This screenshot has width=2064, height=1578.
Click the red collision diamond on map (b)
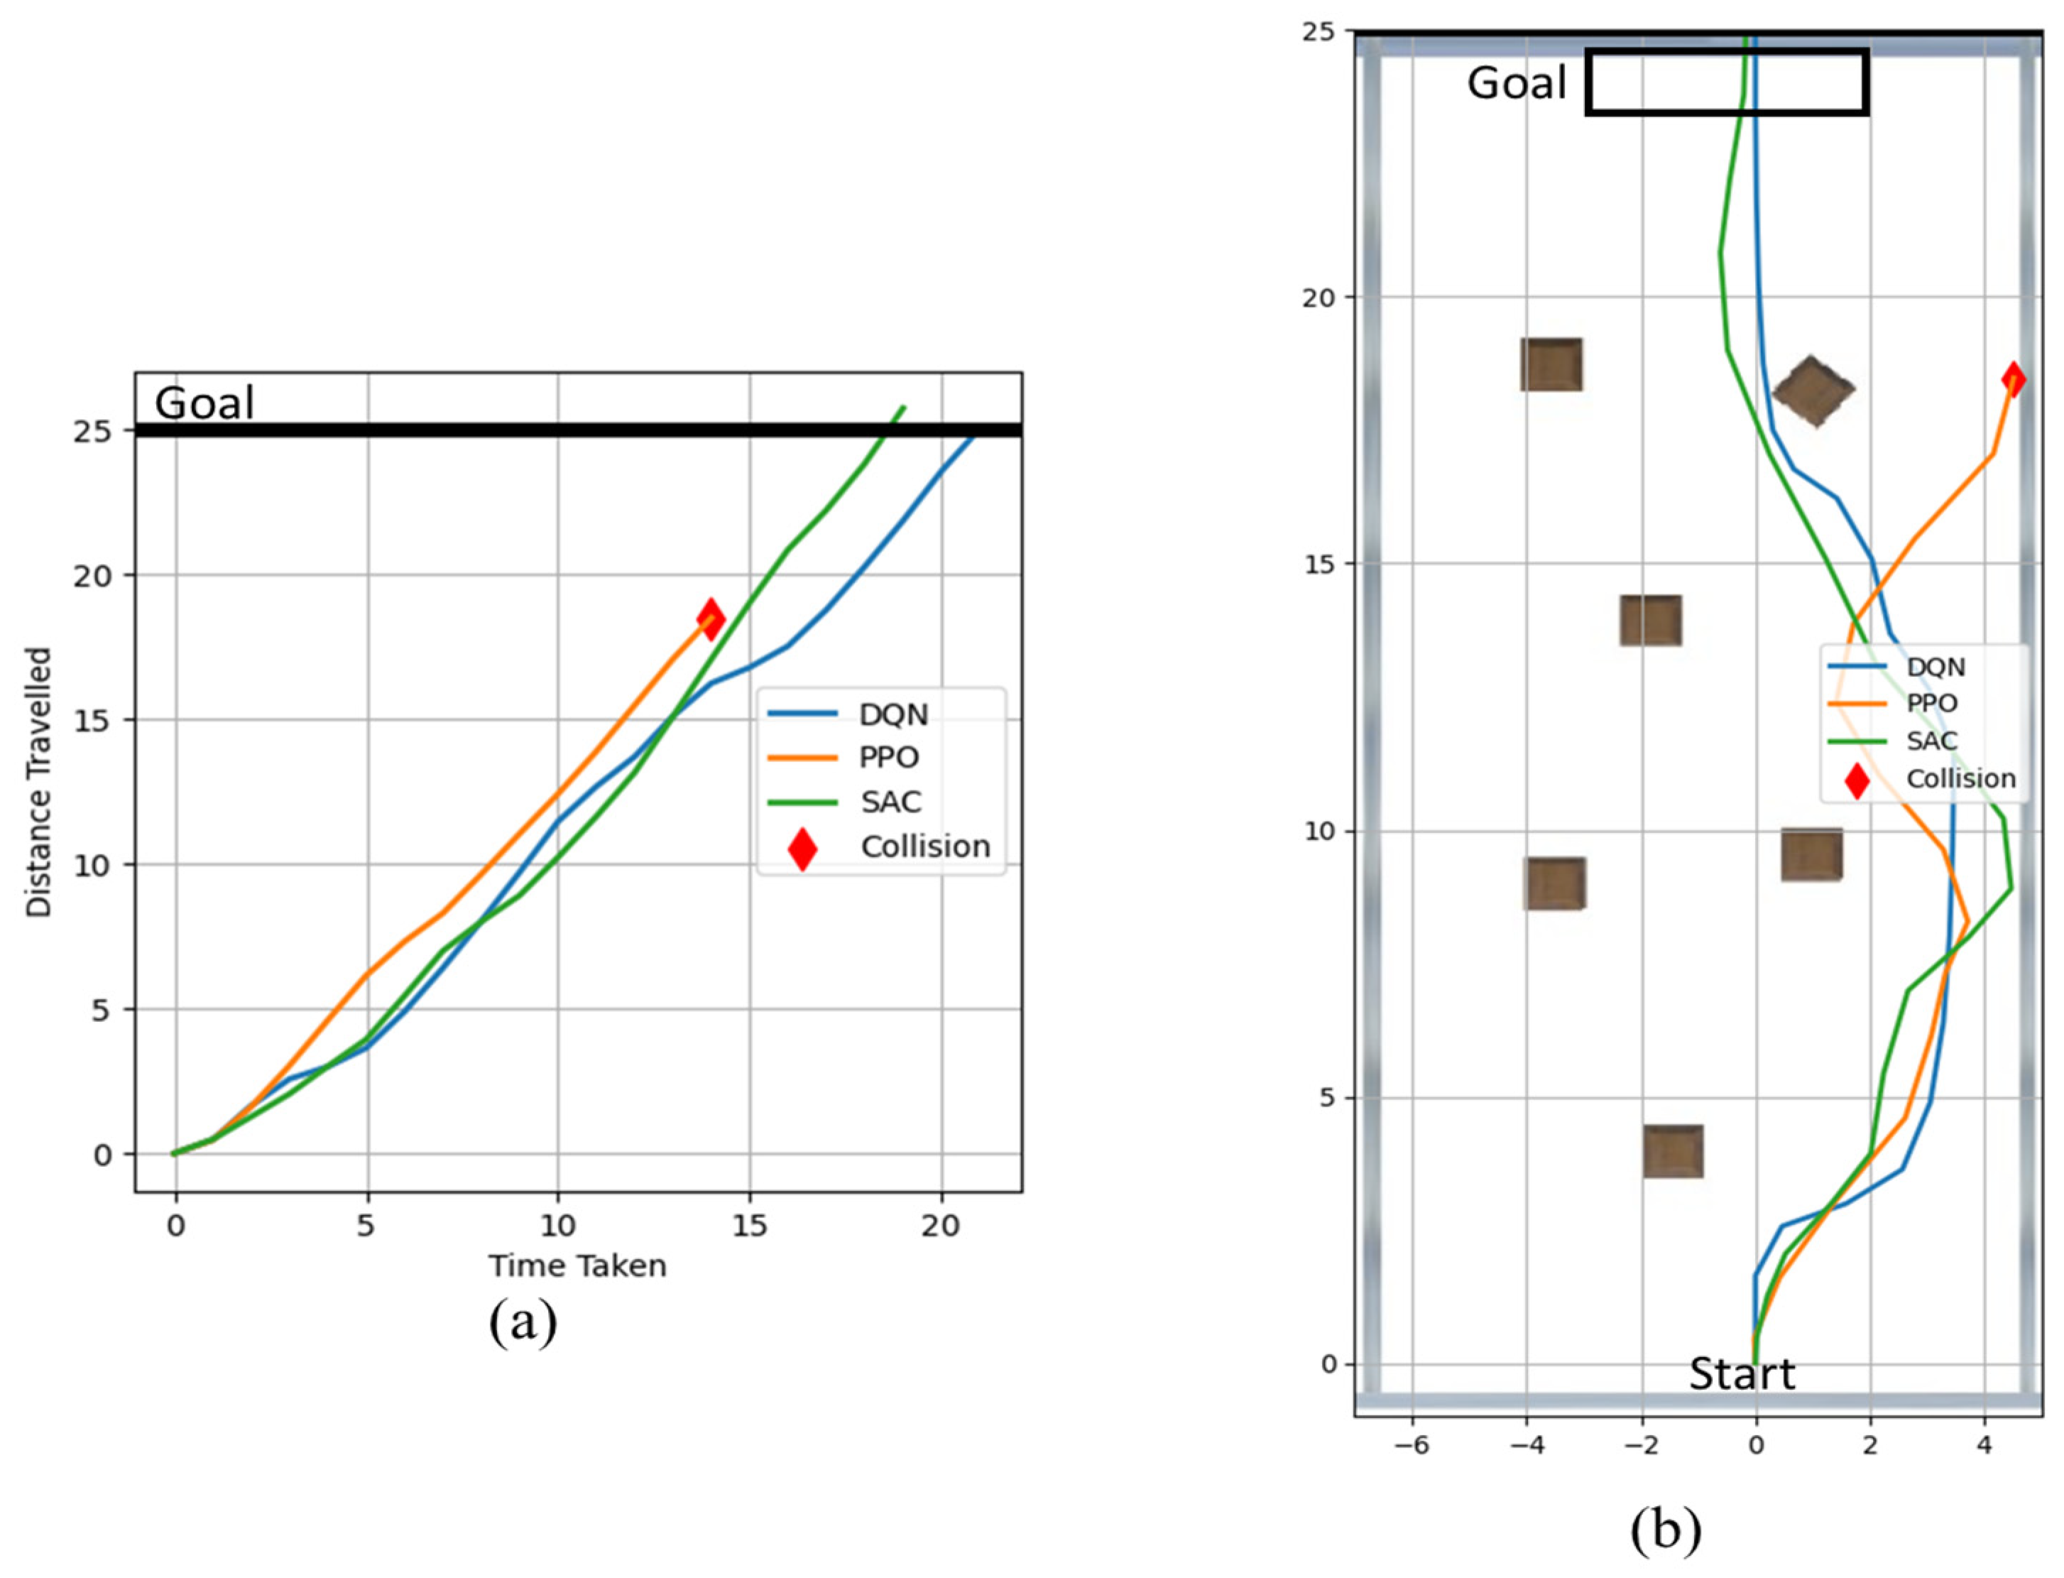coord(2012,379)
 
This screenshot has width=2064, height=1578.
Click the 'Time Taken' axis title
coord(577,1266)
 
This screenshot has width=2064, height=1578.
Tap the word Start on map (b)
coord(1742,1375)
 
